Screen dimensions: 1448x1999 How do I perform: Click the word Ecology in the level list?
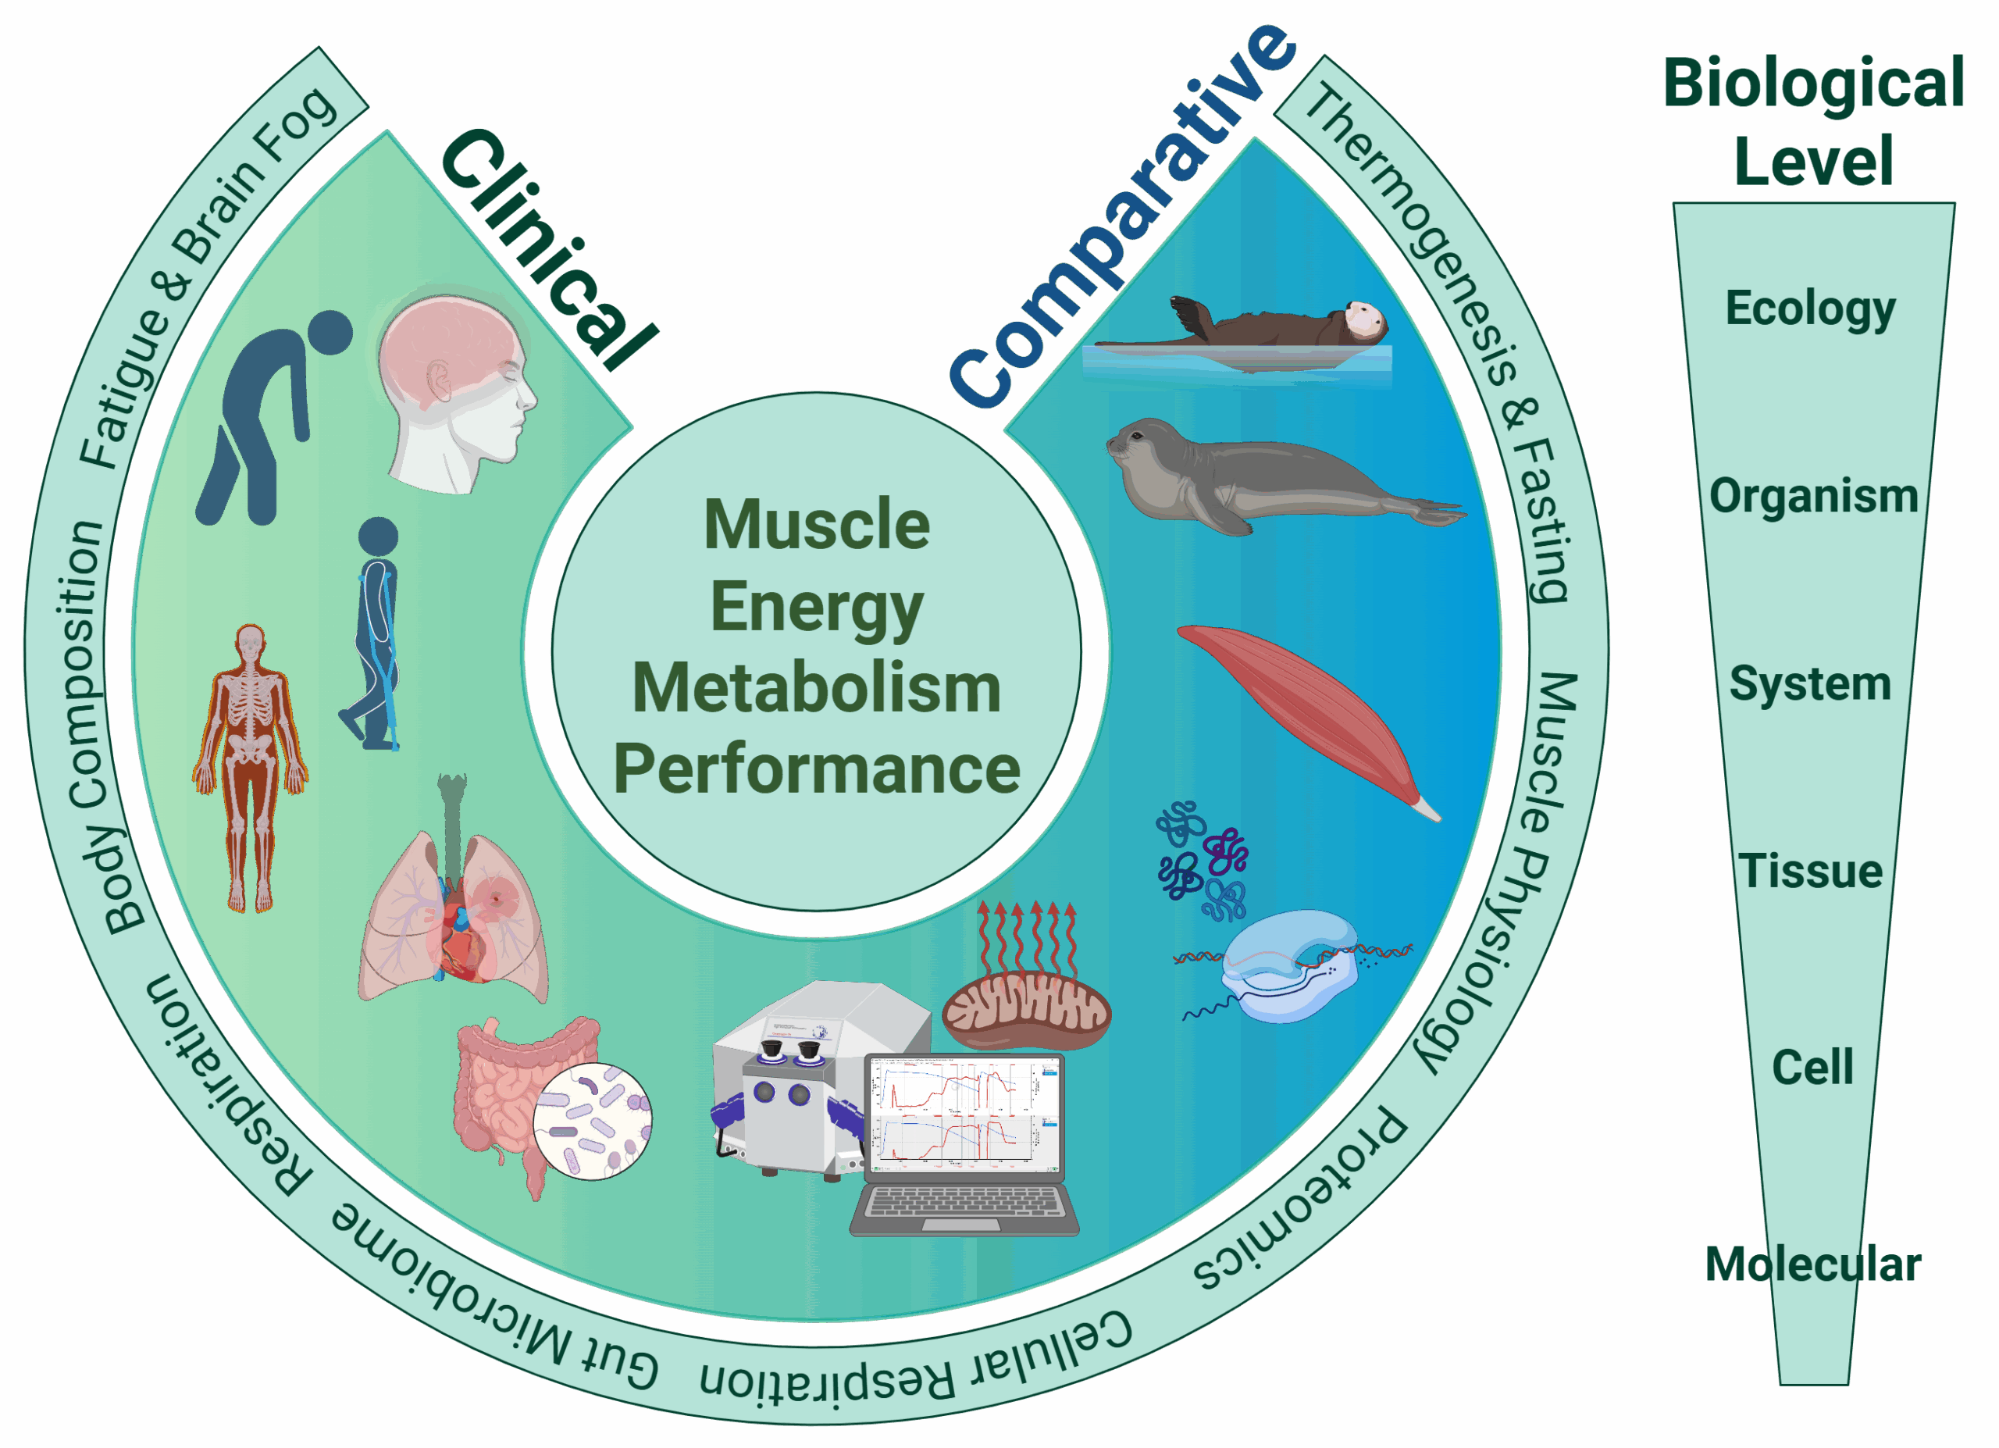(1810, 309)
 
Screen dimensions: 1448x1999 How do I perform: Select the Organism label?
(1813, 495)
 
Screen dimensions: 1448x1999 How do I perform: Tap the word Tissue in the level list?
(1810, 871)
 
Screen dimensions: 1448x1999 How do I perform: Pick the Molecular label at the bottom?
(1813, 1264)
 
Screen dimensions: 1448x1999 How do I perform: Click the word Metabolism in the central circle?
(816, 687)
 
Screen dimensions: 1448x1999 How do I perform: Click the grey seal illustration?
(1269, 476)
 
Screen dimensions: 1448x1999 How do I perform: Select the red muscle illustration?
(1305, 714)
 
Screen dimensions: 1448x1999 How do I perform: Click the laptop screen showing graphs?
(966, 1117)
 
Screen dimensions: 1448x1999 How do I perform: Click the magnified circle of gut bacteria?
(593, 1121)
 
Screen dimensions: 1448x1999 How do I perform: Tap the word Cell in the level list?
(1812, 1068)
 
